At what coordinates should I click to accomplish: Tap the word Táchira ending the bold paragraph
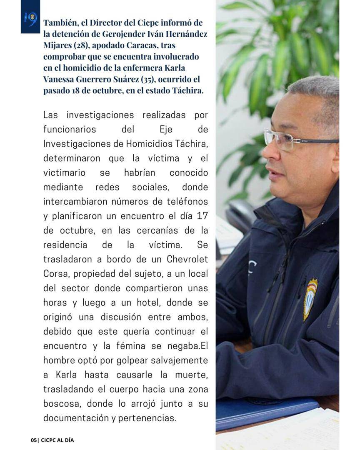[188, 91]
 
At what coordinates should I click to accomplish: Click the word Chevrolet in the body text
[187, 259]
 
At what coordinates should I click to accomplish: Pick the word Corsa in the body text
[55, 274]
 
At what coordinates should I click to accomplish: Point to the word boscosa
[61, 403]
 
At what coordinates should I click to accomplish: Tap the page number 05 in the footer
[34, 440]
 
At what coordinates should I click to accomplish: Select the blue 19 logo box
[30, 17]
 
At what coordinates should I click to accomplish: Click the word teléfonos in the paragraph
[185, 202]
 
